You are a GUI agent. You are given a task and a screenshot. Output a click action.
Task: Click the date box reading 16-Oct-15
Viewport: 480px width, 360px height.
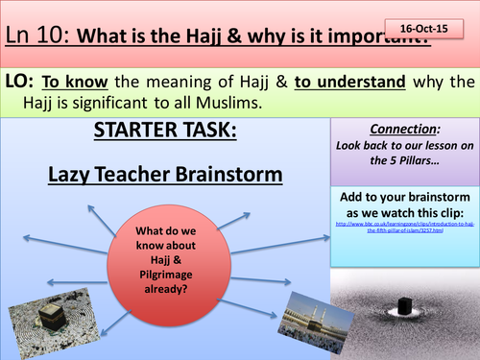(x=425, y=30)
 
